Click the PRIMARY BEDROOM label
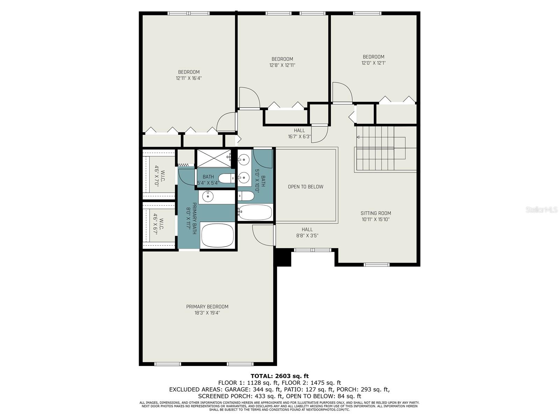tap(207, 307)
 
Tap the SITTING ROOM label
tap(376, 213)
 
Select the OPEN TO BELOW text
tap(305, 187)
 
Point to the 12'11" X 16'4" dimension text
tap(189, 78)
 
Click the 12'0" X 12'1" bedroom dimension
tap(373, 63)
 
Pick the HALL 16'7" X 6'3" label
tap(299, 134)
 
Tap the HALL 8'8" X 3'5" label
tap(307, 233)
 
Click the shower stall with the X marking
tap(214, 159)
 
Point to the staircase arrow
tap(381, 137)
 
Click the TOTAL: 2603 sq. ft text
tap(279, 376)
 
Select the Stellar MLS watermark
tap(542, 209)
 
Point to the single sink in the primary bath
tap(208, 196)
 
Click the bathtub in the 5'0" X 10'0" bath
tap(255, 212)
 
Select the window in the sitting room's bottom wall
tap(377, 265)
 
